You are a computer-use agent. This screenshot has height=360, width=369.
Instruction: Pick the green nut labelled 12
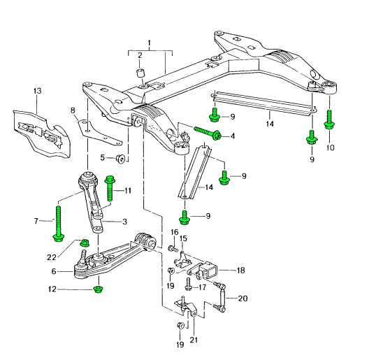tap(98, 289)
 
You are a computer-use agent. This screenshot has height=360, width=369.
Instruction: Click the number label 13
tap(38, 91)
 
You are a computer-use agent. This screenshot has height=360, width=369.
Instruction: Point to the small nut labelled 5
tap(121, 158)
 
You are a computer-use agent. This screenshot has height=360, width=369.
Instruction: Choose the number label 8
tap(72, 110)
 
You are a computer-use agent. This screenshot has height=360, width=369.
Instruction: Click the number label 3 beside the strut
tap(124, 222)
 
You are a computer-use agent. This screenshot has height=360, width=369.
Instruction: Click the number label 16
tap(174, 233)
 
